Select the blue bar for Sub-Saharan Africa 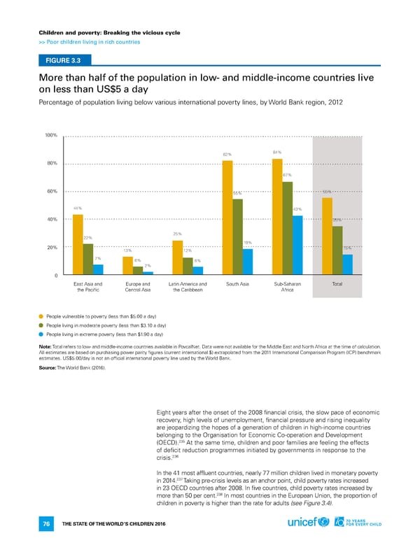coord(297,244)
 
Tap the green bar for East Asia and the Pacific coord(88,258)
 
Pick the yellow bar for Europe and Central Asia coord(128,265)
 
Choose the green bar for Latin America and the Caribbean coord(188,265)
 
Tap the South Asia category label coord(237,283)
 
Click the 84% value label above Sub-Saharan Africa coord(277,152)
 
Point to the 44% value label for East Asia coord(78,208)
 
